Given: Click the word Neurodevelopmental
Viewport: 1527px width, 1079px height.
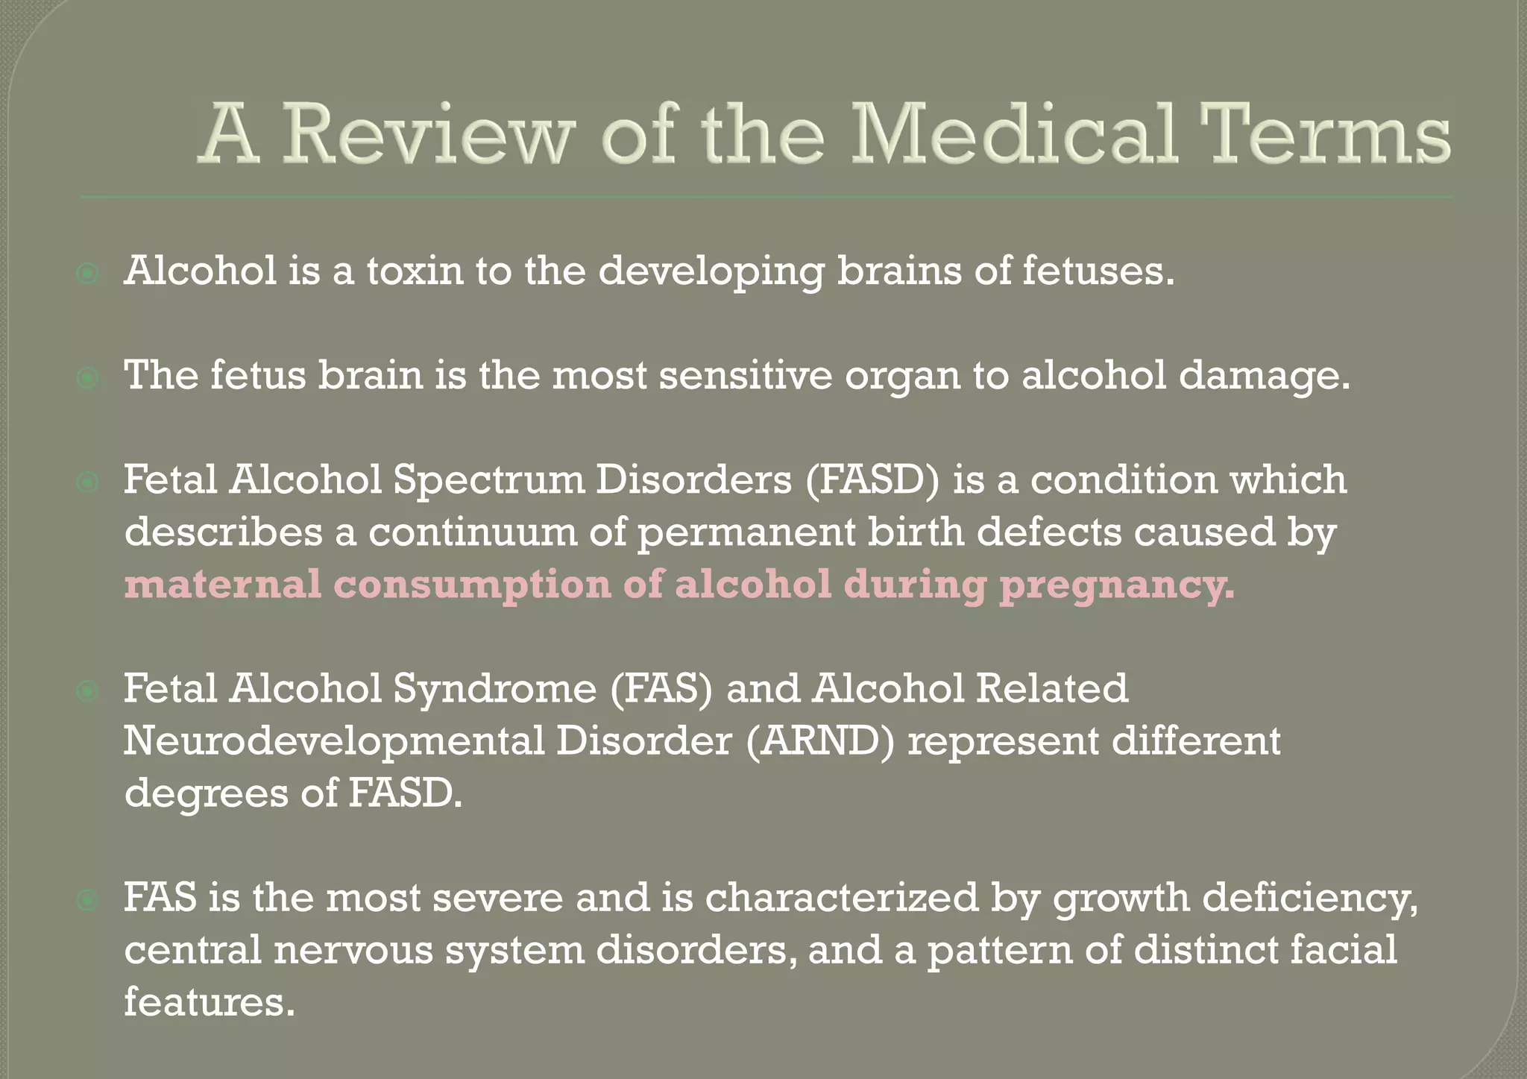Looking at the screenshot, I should click(x=333, y=743).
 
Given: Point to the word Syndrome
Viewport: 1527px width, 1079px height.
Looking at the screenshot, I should click(x=495, y=690).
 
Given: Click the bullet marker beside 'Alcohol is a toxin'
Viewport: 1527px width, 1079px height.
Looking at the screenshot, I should click(x=88, y=274).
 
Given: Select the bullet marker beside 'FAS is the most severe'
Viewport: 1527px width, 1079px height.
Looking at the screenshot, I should click(x=88, y=902).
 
